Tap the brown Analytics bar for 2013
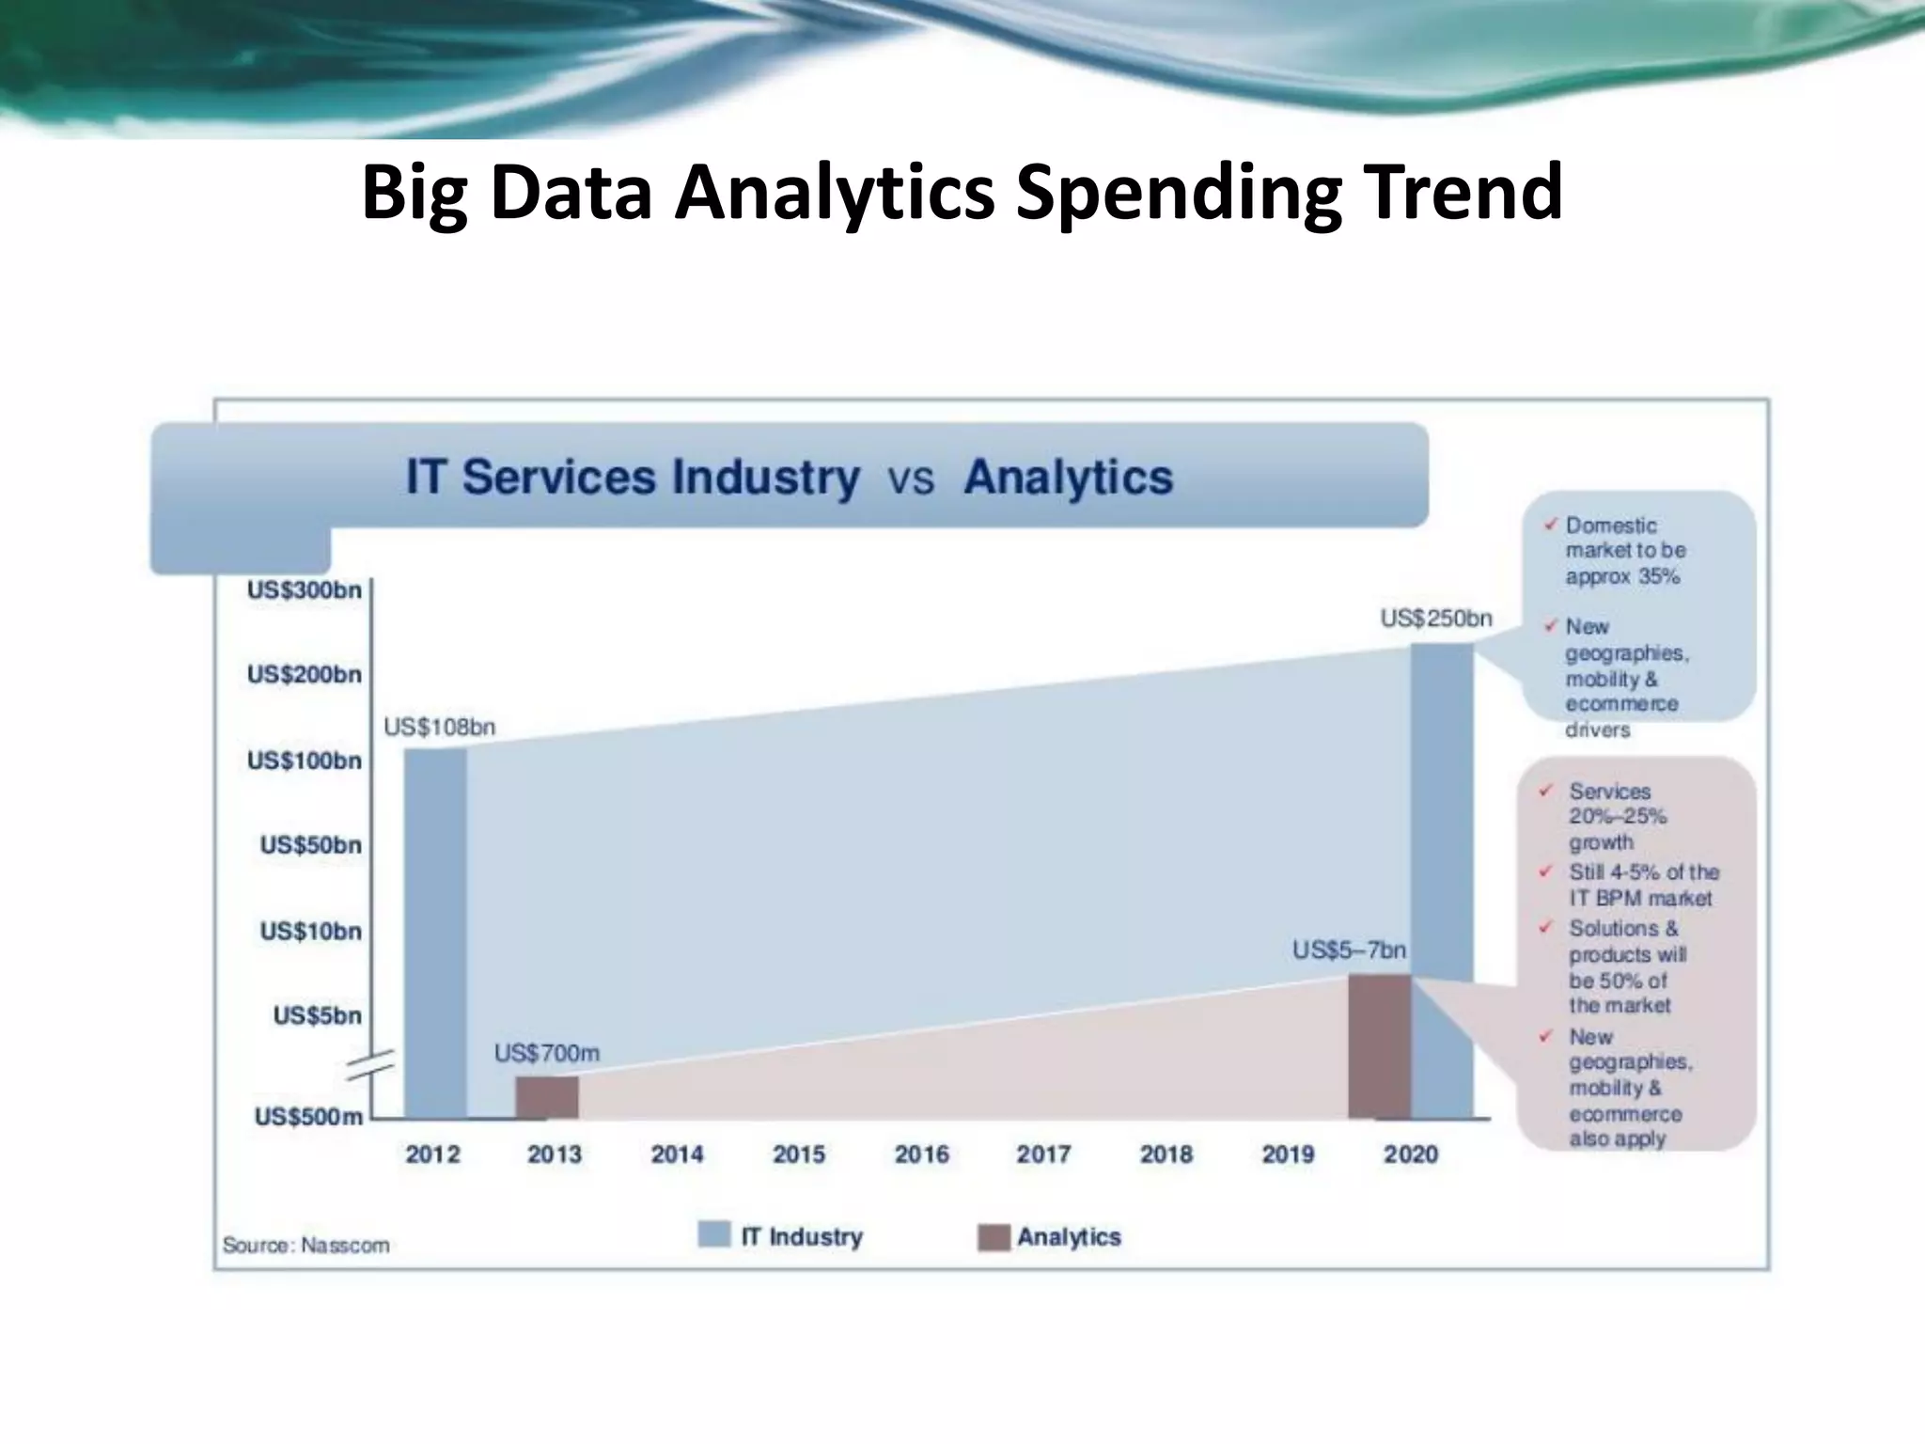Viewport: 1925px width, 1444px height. coord(546,1097)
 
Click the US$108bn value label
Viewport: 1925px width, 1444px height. coord(439,727)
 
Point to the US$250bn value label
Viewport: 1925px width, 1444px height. coord(1435,618)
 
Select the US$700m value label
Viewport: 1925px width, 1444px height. coord(546,1053)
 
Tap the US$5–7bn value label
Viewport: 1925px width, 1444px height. coord(1349,950)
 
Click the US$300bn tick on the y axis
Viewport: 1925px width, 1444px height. coord(304,590)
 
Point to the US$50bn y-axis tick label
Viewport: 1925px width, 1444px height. coord(310,845)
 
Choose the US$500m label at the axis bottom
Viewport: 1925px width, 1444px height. coord(308,1117)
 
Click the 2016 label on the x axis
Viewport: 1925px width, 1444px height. coord(921,1154)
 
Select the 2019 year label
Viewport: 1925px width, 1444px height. coord(1288,1154)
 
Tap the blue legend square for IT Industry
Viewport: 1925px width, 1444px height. coord(714,1234)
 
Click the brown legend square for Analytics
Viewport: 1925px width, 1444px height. coord(994,1236)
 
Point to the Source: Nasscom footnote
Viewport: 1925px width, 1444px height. coord(305,1245)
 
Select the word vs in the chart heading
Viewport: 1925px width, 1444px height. coord(911,479)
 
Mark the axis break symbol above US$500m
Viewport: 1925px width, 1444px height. coord(370,1066)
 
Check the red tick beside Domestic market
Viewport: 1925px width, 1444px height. coord(1550,525)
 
